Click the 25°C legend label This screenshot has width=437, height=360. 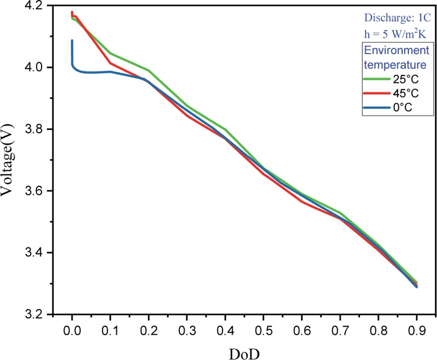(406, 79)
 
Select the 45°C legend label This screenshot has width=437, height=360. (406, 93)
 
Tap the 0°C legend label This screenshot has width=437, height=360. (403, 107)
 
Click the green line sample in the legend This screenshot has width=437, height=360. (377, 79)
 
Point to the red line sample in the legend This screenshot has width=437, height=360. (377, 93)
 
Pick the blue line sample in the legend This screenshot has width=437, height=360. (377, 107)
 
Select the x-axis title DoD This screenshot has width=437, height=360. (244, 354)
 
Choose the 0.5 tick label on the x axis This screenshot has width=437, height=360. (263, 331)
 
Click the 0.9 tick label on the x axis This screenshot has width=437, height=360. (417, 331)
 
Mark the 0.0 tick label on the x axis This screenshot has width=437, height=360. (72, 331)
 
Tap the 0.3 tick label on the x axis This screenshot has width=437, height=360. (187, 331)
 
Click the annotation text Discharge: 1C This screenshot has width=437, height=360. (398, 18)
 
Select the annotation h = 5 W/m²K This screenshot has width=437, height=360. (395, 34)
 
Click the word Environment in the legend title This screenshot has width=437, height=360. (397, 50)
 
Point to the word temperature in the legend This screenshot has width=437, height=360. (395, 64)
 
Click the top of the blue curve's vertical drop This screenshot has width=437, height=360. (72, 40)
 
